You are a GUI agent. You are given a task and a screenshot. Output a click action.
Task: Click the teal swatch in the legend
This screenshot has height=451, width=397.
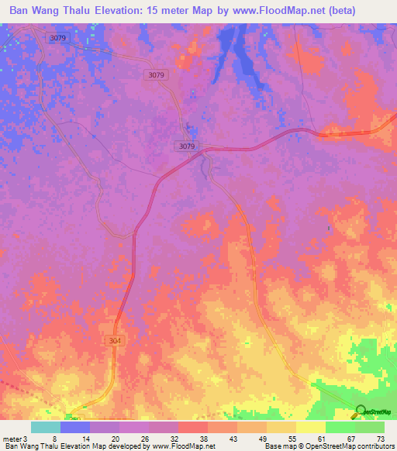point(46,428)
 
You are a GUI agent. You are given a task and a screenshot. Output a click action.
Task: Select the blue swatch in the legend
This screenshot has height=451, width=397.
point(75,428)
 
